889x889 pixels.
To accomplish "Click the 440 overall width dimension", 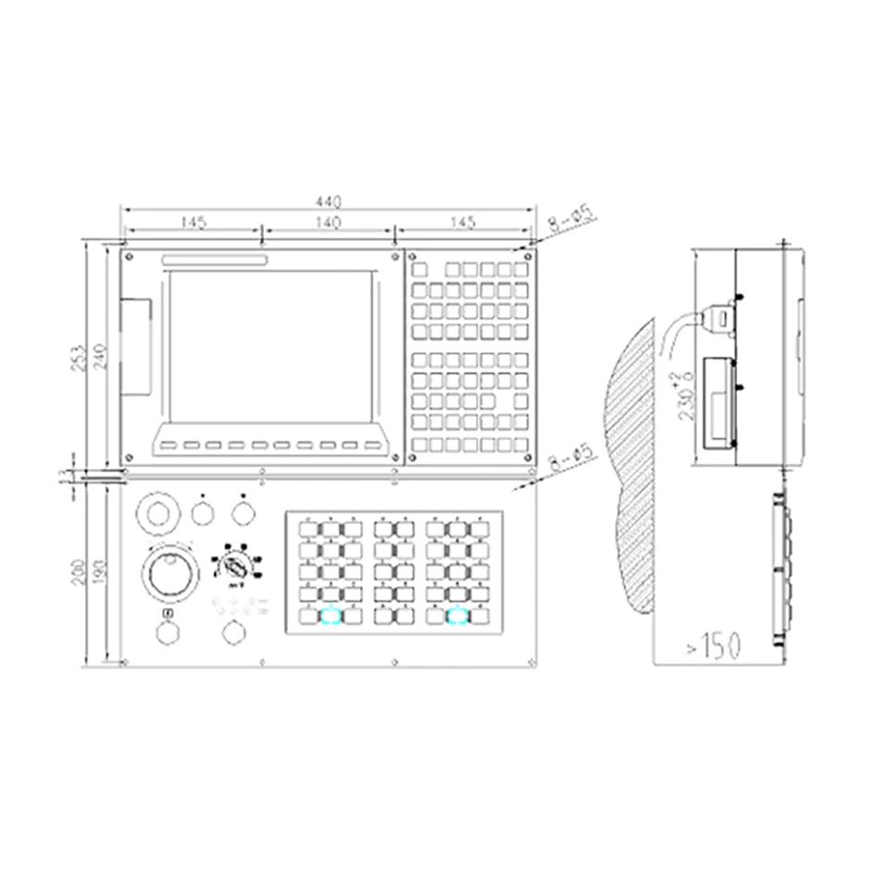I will point(329,200).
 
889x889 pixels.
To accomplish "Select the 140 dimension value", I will point(329,222).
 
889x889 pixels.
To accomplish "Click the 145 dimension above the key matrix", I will point(463,222).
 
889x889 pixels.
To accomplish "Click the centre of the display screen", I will point(273,343).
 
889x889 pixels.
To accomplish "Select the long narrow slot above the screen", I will point(215,258).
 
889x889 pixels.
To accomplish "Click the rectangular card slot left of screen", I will point(139,344).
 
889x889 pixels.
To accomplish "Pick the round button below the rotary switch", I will point(233,632).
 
